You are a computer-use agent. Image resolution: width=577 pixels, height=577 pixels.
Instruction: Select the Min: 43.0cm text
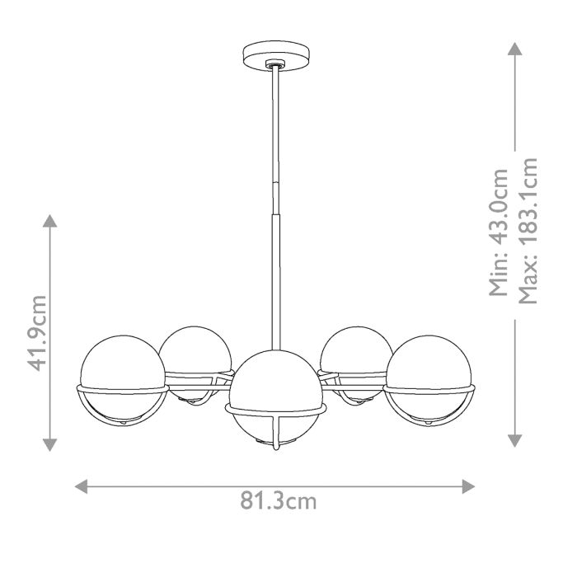coord(500,231)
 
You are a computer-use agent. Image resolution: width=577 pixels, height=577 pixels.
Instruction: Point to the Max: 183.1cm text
coord(528,231)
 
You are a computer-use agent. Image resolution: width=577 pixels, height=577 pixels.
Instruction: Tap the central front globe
coord(275,387)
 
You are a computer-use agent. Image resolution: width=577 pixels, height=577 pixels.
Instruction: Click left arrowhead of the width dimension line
coord(81,486)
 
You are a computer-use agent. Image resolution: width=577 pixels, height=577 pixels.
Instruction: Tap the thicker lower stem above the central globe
coord(275,272)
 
